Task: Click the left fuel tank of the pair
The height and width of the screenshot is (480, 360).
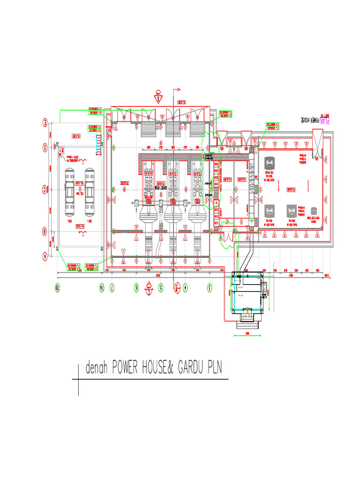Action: click(69, 190)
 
